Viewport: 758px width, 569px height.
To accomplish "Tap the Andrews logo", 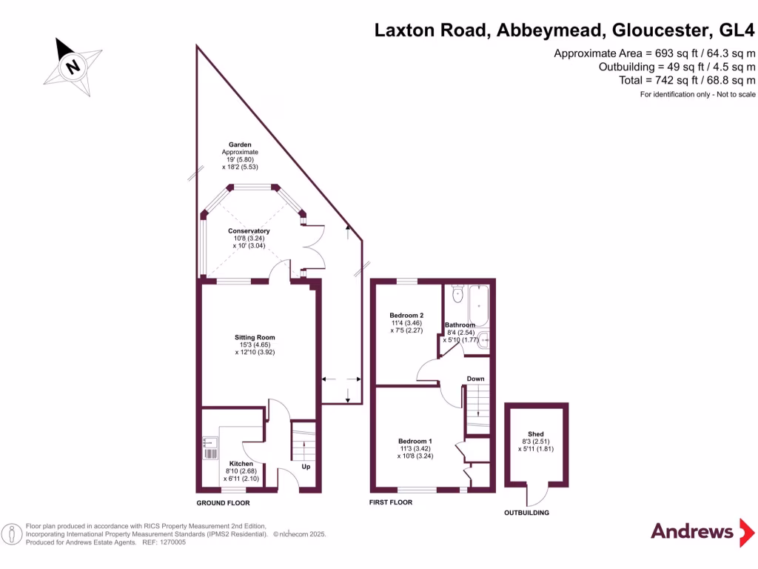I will point(691,531).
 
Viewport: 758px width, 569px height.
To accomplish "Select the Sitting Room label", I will point(255,337).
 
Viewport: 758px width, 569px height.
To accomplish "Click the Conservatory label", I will point(249,231).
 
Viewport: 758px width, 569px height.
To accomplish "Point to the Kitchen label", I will point(241,464).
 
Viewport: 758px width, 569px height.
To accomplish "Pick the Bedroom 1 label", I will point(415,441).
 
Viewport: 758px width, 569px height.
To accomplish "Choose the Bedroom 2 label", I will point(406,316).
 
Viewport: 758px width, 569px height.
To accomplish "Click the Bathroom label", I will point(460,325).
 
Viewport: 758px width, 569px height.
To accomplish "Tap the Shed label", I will point(536,434).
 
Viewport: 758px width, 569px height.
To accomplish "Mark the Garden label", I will point(240,145).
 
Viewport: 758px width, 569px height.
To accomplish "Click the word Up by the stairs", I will point(306,467).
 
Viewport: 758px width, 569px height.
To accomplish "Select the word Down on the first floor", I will point(475,379).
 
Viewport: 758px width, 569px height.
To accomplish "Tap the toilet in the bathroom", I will point(457,296).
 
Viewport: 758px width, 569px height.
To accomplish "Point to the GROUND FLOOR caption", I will point(223,503).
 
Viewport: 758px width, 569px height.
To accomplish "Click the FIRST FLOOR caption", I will point(391,502).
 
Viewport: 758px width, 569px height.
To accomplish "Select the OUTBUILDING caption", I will point(526,513).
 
